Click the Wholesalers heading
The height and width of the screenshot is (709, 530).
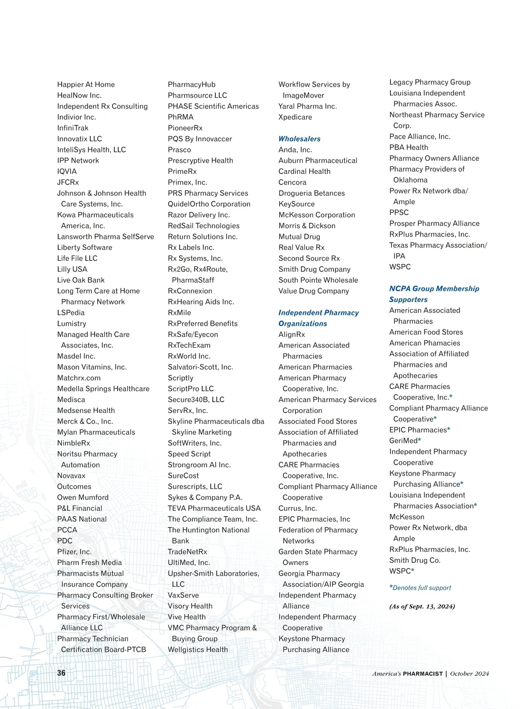pyautogui.click(x=299, y=139)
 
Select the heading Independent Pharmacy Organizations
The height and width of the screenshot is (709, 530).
pyautogui.click(x=318, y=318)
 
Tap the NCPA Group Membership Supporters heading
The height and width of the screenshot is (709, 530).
pyautogui.click(x=434, y=294)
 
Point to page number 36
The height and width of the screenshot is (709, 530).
pyautogui.click(x=61, y=673)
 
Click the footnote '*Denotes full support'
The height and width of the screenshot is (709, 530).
pyautogui.click(x=420, y=588)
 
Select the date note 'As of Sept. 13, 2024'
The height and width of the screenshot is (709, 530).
pyautogui.click(x=422, y=606)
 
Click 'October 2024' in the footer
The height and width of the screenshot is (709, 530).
pyautogui.click(x=469, y=674)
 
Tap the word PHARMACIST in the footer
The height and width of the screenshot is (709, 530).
pyautogui.click(x=423, y=674)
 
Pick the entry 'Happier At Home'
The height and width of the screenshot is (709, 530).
pyautogui.click(x=86, y=84)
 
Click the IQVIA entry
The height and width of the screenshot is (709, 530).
pyautogui.click(x=67, y=171)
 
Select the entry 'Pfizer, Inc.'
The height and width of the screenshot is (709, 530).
pyautogui.click(x=74, y=551)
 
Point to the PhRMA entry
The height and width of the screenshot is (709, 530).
pyautogui.click(x=180, y=117)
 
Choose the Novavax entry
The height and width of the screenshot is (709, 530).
pyautogui.click(x=71, y=475)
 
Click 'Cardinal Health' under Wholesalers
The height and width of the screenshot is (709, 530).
pyautogui.click(x=304, y=171)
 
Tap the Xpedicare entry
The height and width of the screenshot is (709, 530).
pyautogui.click(x=295, y=117)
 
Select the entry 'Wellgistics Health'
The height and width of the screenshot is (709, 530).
pyautogui.click(x=198, y=649)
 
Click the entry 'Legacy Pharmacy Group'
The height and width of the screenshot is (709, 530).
pyautogui.click(x=430, y=82)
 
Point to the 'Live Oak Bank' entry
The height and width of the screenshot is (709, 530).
pyautogui.click(x=81, y=280)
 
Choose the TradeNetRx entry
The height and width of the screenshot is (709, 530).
pyautogui.click(x=187, y=551)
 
